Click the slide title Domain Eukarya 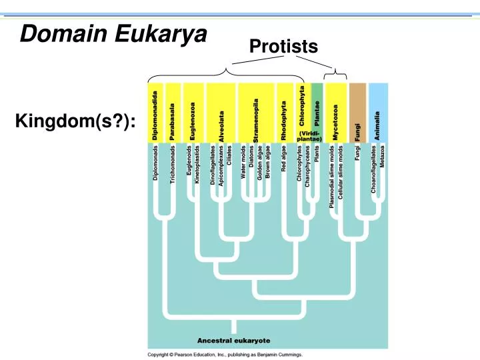pos(113,32)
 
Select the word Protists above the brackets pos(283,46)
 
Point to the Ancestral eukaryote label pos(233,341)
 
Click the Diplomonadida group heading pos(156,115)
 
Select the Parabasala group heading pos(173,121)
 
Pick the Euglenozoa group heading pos(193,121)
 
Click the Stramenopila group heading pos(256,119)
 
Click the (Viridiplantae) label pos(309,136)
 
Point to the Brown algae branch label pos(268,162)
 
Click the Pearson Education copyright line pos(225,355)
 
